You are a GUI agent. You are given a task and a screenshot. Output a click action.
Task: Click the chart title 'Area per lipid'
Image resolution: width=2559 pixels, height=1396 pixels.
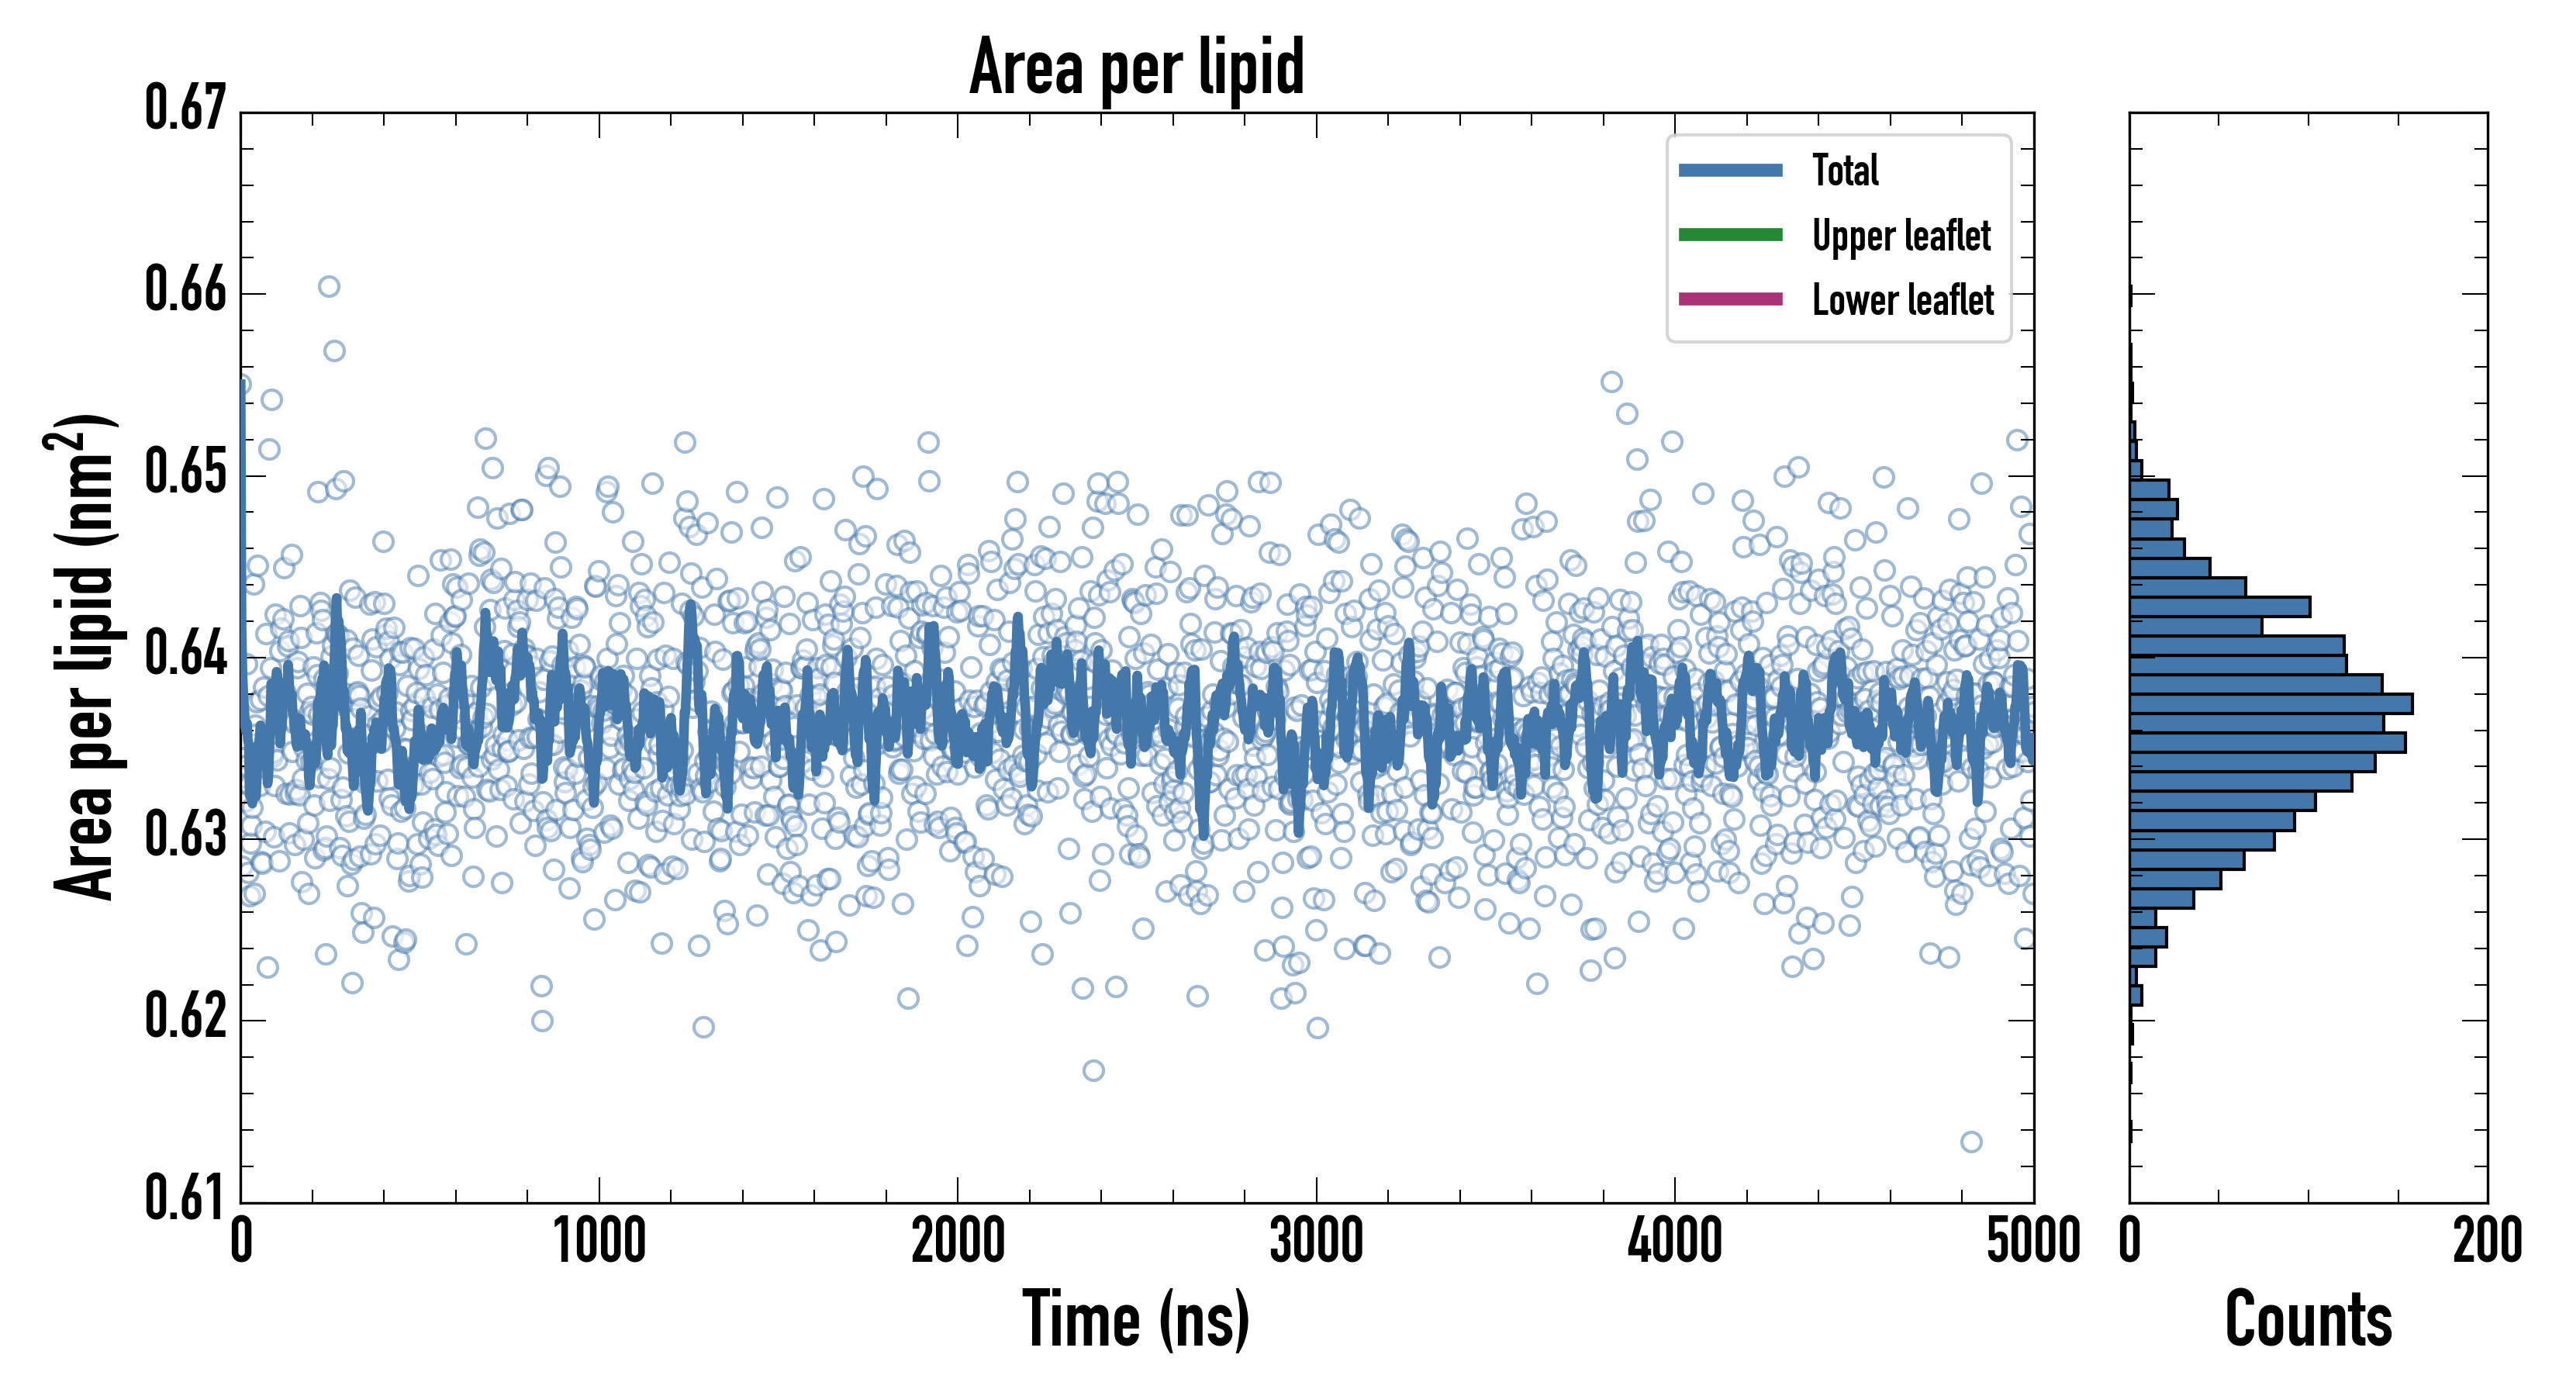[x=1137, y=67]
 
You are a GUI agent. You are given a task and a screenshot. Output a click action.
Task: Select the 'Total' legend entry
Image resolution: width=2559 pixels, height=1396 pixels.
[x=1845, y=170]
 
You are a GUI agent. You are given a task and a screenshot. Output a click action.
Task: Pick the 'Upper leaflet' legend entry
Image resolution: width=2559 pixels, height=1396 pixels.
[x=1901, y=236]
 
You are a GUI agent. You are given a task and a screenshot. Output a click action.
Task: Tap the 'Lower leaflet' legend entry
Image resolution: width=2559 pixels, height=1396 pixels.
[x=1902, y=300]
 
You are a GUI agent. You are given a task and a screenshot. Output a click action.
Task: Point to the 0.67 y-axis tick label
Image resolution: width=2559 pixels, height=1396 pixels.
[x=186, y=109]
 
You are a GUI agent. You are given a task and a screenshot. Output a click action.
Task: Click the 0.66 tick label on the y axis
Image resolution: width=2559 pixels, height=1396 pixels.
[x=186, y=290]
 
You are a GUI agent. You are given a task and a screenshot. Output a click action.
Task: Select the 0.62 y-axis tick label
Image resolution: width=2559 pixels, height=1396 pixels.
[x=186, y=1017]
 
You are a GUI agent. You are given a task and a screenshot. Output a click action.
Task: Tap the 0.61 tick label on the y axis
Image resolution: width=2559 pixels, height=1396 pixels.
[x=186, y=1197]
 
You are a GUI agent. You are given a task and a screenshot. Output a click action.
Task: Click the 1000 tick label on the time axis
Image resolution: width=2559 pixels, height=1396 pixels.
[x=599, y=1242]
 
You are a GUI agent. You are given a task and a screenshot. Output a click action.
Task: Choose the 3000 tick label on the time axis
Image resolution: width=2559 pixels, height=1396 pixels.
[x=1316, y=1242]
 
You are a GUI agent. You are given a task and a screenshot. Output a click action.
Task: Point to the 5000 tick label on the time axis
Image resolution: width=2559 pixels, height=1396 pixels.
[x=2032, y=1242]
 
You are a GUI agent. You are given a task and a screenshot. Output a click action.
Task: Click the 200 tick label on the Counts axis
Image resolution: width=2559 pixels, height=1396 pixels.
[x=2486, y=1242]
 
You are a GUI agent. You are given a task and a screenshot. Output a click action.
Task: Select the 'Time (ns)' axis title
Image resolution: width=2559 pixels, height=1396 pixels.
[x=1137, y=1319]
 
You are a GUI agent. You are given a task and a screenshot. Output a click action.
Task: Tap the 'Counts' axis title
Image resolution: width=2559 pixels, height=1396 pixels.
[x=2308, y=1319]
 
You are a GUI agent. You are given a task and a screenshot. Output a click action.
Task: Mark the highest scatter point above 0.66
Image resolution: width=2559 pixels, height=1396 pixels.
[x=329, y=287]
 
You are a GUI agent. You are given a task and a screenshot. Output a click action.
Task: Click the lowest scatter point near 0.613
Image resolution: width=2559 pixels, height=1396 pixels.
[x=1971, y=1142]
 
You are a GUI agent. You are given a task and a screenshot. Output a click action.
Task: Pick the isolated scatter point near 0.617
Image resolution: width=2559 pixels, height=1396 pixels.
[x=1093, y=1070]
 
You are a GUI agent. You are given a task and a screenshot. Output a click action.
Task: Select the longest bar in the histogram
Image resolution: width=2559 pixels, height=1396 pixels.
[x=2271, y=703]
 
